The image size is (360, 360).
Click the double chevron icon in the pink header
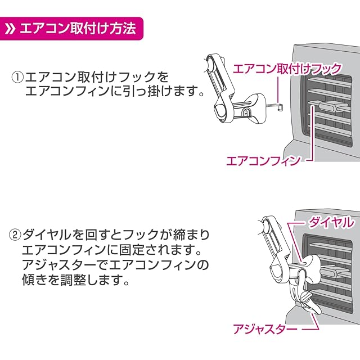(x=10, y=29)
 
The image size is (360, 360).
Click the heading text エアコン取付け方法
(x=78, y=29)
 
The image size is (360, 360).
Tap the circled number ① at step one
(x=17, y=78)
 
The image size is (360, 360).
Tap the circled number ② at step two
(x=15, y=235)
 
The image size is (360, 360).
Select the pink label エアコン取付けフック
(x=287, y=69)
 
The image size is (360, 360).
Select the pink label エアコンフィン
(x=263, y=160)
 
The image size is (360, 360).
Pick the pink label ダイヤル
(x=331, y=222)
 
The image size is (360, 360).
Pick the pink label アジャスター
(x=265, y=329)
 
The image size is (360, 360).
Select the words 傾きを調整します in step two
(x=75, y=280)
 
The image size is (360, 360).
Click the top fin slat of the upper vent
(x=330, y=81)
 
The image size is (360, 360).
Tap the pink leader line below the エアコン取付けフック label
(x=278, y=90)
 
